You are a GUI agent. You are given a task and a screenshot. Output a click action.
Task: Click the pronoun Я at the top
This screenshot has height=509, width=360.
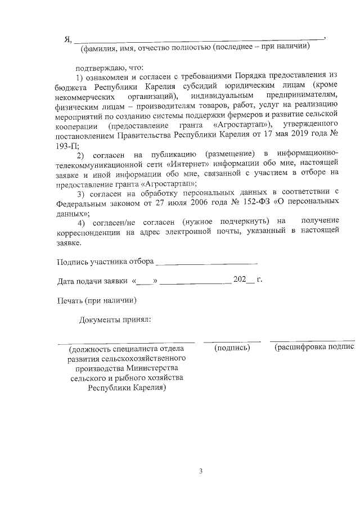67,39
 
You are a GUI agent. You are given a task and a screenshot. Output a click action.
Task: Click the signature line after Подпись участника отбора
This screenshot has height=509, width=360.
206,262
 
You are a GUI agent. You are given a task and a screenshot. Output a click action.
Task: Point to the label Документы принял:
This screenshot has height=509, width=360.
115,320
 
